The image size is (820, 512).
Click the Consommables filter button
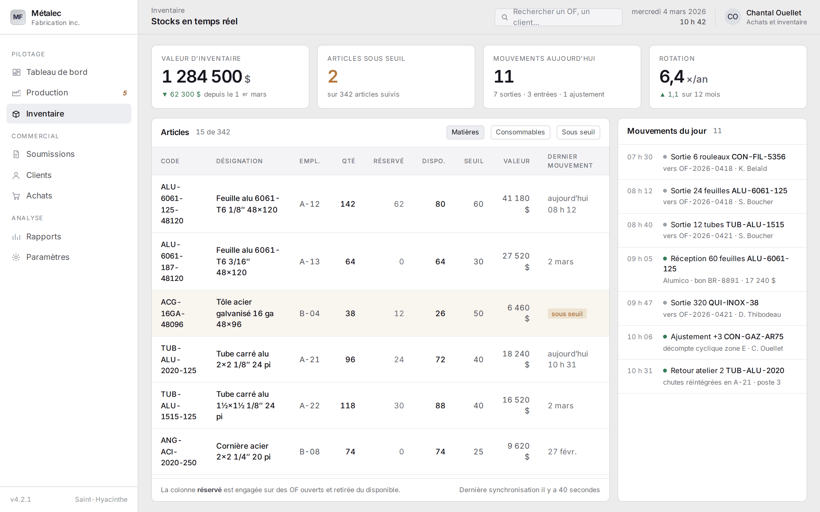click(x=520, y=132)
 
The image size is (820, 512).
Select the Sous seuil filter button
click(x=578, y=132)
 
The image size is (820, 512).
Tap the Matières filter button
click(x=465, y=132)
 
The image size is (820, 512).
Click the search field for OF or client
click(x=558, y=17)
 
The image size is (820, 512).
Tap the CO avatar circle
click(x=733, y=17)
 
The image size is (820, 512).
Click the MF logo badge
click(x=18, y=17)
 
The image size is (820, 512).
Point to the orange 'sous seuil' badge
click(x=567, y=314)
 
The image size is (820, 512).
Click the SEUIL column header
click(x=474, y=161)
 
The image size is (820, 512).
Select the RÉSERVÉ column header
click(x=389, y=161)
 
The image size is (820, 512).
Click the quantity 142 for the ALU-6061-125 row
click(x=348, y=204)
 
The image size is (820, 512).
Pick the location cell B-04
click(x=309, y=314)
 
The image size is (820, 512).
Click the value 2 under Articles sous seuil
click(x=333, y=76)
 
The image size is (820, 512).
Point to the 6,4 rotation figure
click(x=672, y=76)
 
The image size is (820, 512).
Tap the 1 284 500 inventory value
click(x=202, y=76)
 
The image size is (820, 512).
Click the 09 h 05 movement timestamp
click(x=640, y=259)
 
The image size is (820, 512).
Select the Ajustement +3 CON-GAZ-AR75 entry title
click(x=727, y=337)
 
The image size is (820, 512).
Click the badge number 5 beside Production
click(x=125, y=93)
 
